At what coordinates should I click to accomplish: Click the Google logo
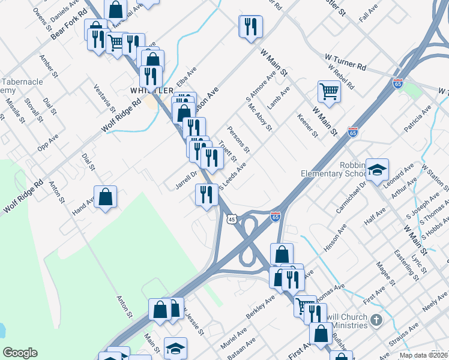pos(20,353)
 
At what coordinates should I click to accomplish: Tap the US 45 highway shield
pos(232,220)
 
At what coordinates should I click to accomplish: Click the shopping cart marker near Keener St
pos(330,92)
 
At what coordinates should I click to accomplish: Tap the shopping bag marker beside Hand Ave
pos(106,197)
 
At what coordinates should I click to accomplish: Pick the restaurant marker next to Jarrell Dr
pos(205,194)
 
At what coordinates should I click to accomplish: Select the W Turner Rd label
pos(345,61)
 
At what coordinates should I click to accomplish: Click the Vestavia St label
pos(104,98)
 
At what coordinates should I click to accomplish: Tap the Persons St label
pos(238,139)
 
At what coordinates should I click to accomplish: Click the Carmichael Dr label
pos(351,196)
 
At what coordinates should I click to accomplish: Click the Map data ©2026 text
pos(423,355)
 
